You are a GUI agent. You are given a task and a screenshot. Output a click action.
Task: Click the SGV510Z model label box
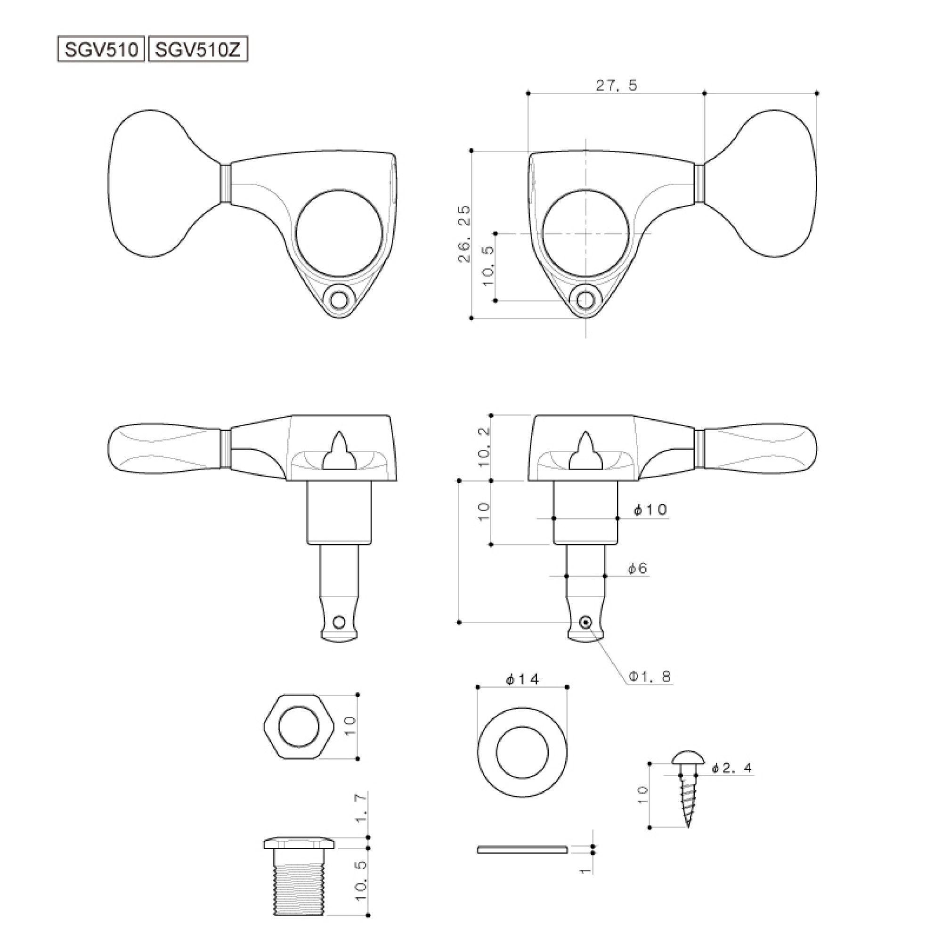pyautogui.click(x=198, y=50)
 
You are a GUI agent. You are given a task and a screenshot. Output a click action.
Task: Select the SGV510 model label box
pyautogui.click(x=101, y=50)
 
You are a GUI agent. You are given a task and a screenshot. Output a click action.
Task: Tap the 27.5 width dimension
pyautogui.click(x=616, y=85)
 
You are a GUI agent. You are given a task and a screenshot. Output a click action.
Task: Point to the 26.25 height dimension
pyautogui.click(x=465, y=234)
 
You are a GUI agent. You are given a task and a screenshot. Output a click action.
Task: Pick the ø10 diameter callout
pyautogui.click(x=650, y=510)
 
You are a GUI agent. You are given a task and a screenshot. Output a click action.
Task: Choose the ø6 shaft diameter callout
pyautogui.click(x=638, y=568)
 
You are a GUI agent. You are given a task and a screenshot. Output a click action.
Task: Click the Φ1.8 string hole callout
pyautogui.click(x=650, y=676)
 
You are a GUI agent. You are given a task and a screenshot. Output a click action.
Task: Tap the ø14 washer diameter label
pyautogui.click(x=523, y=679)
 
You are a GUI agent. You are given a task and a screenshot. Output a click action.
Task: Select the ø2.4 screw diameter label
pyautogui.click(x=732, y=768)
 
